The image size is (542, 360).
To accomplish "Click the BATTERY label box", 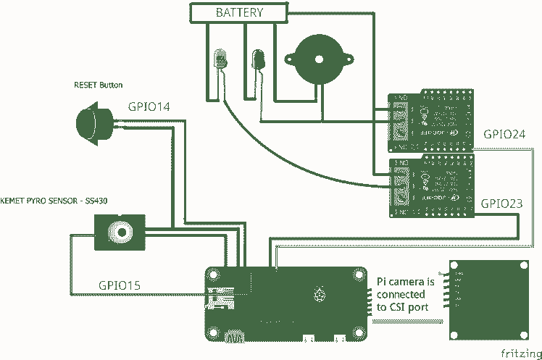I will [x=240, y=12].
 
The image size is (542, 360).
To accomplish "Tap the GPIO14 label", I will [x=149, y=107].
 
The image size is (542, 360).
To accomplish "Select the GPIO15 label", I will [x=120, y=285].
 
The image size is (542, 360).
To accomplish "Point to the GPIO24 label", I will [x=504, y=135].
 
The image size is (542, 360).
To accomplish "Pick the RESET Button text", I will [x=98, y=85].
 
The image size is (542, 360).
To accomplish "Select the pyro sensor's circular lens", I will [x=119, y=233].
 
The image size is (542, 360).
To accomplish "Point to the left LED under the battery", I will [x=220, y=59].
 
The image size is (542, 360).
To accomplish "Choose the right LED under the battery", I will [x=257, y=59].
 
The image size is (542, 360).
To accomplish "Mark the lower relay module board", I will [x=430, y=185].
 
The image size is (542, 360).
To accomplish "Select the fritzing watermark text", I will [x=520, y=352].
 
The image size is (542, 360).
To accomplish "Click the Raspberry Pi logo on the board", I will [x=317, y=294].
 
